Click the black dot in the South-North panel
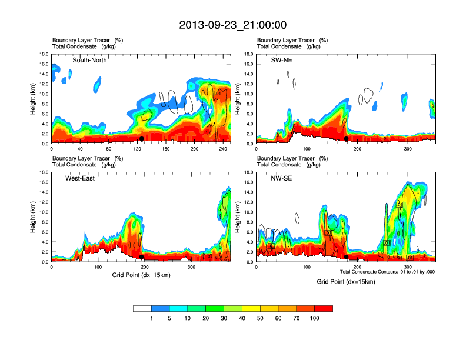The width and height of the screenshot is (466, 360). pyautogui.click(x=141, y=139)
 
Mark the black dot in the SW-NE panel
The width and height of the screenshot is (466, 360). pyautogui.click(x=347, y=139)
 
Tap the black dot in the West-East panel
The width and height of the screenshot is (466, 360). pyautogui.click(x=142, y=257)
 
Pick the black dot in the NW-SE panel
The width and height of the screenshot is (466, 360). pyautogui.click(x=347, y=257)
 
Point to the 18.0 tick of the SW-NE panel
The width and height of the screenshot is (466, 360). pyautogui.click(x=248, y=54)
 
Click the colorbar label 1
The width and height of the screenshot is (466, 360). pyautogui.click(x=151, y=318)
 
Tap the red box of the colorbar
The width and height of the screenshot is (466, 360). pyautogui.click(x=324, y=308)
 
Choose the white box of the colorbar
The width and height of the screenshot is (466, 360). pyautogui.click(x=142, y=308)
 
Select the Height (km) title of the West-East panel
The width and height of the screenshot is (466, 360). pyautogui.click(x=34, y=216)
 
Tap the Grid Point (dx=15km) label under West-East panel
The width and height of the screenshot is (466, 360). pyautogui.click(x=141, y=275)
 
